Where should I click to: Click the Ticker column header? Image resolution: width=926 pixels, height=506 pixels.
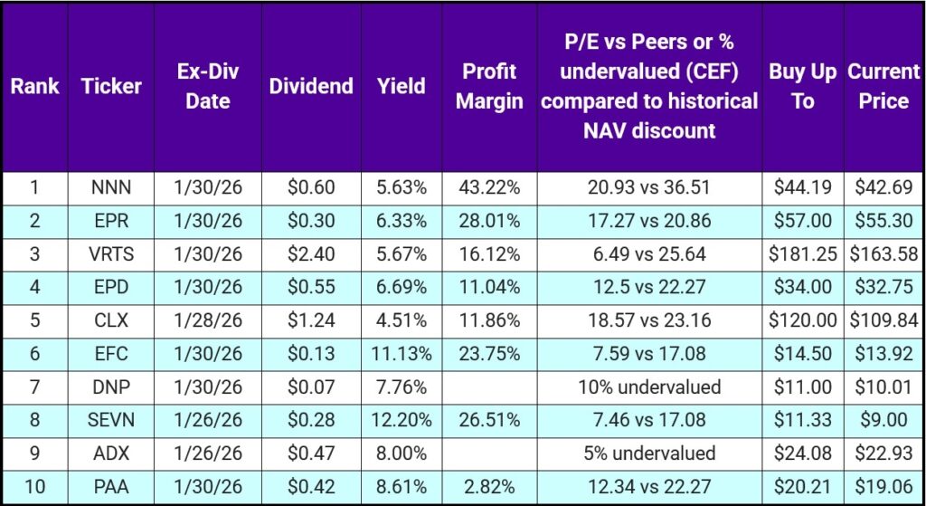tap(111, 86)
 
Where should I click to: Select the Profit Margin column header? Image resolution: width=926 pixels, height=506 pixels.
tap(489, 86)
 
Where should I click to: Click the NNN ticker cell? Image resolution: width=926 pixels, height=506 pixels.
tap(111, 188)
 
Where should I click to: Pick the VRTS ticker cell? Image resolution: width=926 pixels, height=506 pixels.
tap(111, 254)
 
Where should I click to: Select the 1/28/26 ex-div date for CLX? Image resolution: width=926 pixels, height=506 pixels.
tap(208, 321)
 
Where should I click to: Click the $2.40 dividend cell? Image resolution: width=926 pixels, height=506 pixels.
tap(311, 254)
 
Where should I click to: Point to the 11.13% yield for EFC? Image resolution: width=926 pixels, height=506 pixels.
tap(401, 354)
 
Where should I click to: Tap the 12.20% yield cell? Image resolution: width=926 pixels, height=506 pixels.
tap(401, 421)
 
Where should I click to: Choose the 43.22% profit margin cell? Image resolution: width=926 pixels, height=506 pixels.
tap(489, 188)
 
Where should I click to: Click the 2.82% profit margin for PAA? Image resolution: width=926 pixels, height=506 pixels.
tap(489, 487)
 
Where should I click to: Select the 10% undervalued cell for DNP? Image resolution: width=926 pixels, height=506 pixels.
tap(649, 387)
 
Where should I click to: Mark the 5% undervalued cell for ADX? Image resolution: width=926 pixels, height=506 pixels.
tap(649, 453)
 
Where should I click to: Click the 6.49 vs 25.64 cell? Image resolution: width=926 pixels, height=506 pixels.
tap(649, 254)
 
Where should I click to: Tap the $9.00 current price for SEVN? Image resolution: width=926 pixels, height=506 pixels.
tap(883, 421)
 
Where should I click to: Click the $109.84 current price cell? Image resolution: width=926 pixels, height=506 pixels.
tap(883, 321)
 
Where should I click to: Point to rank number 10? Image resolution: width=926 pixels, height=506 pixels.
tap(35, 487)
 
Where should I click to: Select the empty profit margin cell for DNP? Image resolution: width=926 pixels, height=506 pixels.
tap(489, 387)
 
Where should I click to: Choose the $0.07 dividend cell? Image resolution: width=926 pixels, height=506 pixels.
tap(311, 387)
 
